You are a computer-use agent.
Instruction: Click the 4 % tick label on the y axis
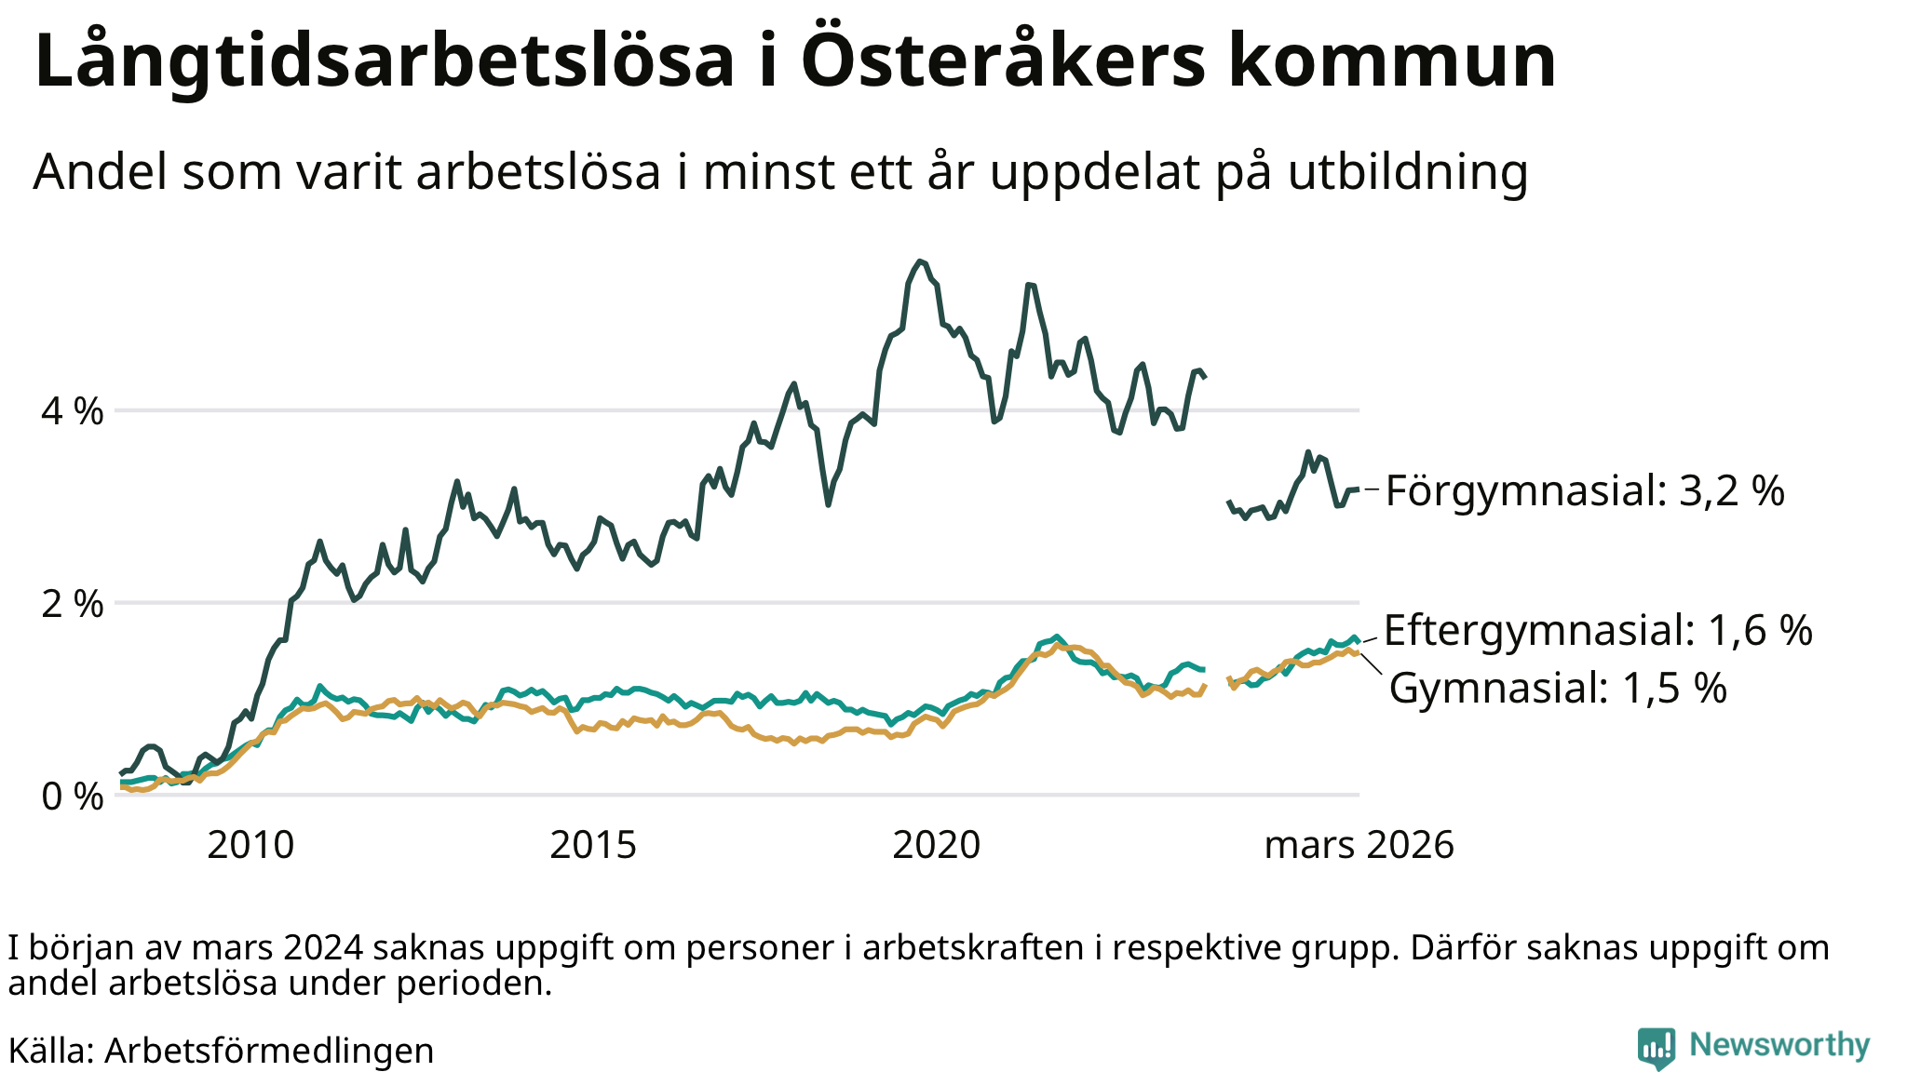point(72,410)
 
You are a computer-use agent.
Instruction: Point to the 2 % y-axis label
point(72,604)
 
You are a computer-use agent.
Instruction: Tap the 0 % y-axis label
point(72,797)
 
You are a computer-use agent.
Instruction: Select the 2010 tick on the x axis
point(250,845)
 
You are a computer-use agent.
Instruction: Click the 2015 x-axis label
point(593,845)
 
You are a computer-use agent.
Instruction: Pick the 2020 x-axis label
point(936,845)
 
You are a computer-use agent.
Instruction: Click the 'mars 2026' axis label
point(1359,845)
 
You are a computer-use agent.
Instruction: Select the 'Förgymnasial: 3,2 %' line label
point(1585,490)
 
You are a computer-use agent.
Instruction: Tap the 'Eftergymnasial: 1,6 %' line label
point(1598,630)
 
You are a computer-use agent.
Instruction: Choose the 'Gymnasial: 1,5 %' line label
point(1558,689)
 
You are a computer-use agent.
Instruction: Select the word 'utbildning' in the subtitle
point(1408,172)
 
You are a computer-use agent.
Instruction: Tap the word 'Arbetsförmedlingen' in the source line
point(269,1051)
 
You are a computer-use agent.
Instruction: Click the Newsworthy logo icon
point(1657,1048)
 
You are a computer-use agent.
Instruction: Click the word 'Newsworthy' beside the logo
point(1779,1045)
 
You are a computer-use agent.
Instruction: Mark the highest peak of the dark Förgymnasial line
point(920,261)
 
